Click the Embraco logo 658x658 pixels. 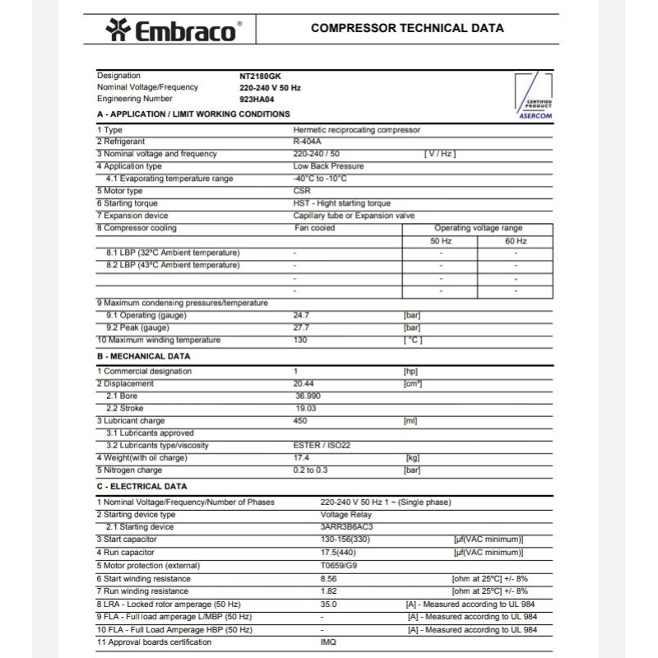172,30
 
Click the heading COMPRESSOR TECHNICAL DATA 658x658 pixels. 407,28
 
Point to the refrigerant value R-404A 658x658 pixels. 308,141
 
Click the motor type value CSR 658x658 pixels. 302,191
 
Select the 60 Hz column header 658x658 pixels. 516,241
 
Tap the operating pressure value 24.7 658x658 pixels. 301,315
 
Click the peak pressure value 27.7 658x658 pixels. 301,327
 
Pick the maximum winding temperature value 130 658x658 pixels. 300,340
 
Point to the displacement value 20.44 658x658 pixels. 304,383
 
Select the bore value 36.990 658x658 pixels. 307,396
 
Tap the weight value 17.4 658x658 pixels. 301,457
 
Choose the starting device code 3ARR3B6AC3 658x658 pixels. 346,526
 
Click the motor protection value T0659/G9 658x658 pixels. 339,565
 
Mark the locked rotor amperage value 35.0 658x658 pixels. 329,605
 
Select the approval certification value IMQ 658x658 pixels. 327,642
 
